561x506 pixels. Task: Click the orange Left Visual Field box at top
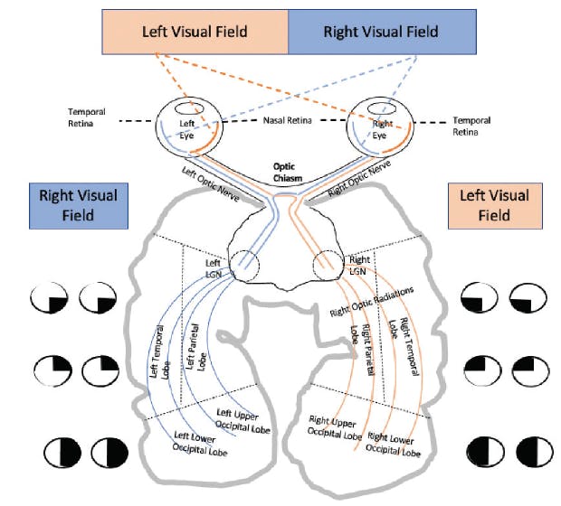[x=195, y=32]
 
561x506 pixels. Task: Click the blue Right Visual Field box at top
[x=381, y=32]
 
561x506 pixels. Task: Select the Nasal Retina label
[x=289, y=120]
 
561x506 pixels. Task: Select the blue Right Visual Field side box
[x=78, y=205]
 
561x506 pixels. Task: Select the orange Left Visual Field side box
[x=493, y=205]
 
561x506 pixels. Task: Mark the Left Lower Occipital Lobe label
[x=200, y=442]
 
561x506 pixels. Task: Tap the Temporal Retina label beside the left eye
[x=87, y=118]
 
